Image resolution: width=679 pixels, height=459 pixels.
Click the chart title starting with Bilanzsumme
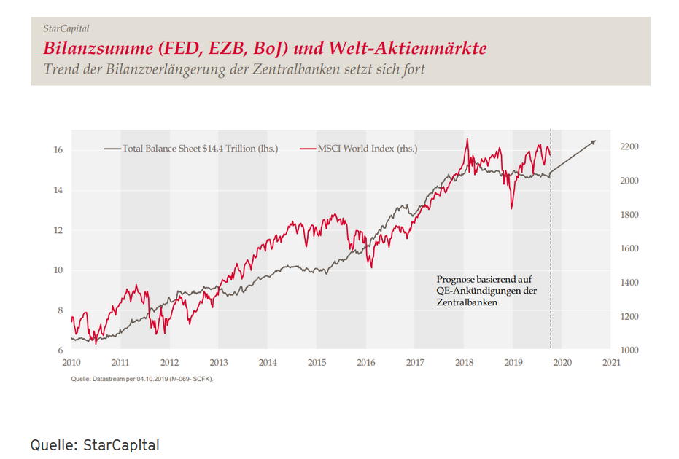click(265, 49)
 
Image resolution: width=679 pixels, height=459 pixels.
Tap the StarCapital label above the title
click(66, 28)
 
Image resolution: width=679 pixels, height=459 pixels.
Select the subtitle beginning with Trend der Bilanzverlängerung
click(233, 70)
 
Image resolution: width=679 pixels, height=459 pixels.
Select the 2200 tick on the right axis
click(629, 147)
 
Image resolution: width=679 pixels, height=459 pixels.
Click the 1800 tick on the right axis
click(629, 215)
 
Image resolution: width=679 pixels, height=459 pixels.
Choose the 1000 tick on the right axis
click(629, 350)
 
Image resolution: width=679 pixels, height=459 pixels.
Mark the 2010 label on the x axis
click(71, 362)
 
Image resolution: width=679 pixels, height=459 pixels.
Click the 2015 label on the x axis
click(317, 362)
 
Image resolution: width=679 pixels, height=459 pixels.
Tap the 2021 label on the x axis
click(611, 362)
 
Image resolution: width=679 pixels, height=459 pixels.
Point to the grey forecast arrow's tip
click(596, 141)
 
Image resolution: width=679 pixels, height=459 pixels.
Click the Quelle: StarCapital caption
click(95, 444)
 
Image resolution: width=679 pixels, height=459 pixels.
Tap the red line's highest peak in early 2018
click(467, 139)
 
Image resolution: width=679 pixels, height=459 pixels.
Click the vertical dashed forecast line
click(551, 255)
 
